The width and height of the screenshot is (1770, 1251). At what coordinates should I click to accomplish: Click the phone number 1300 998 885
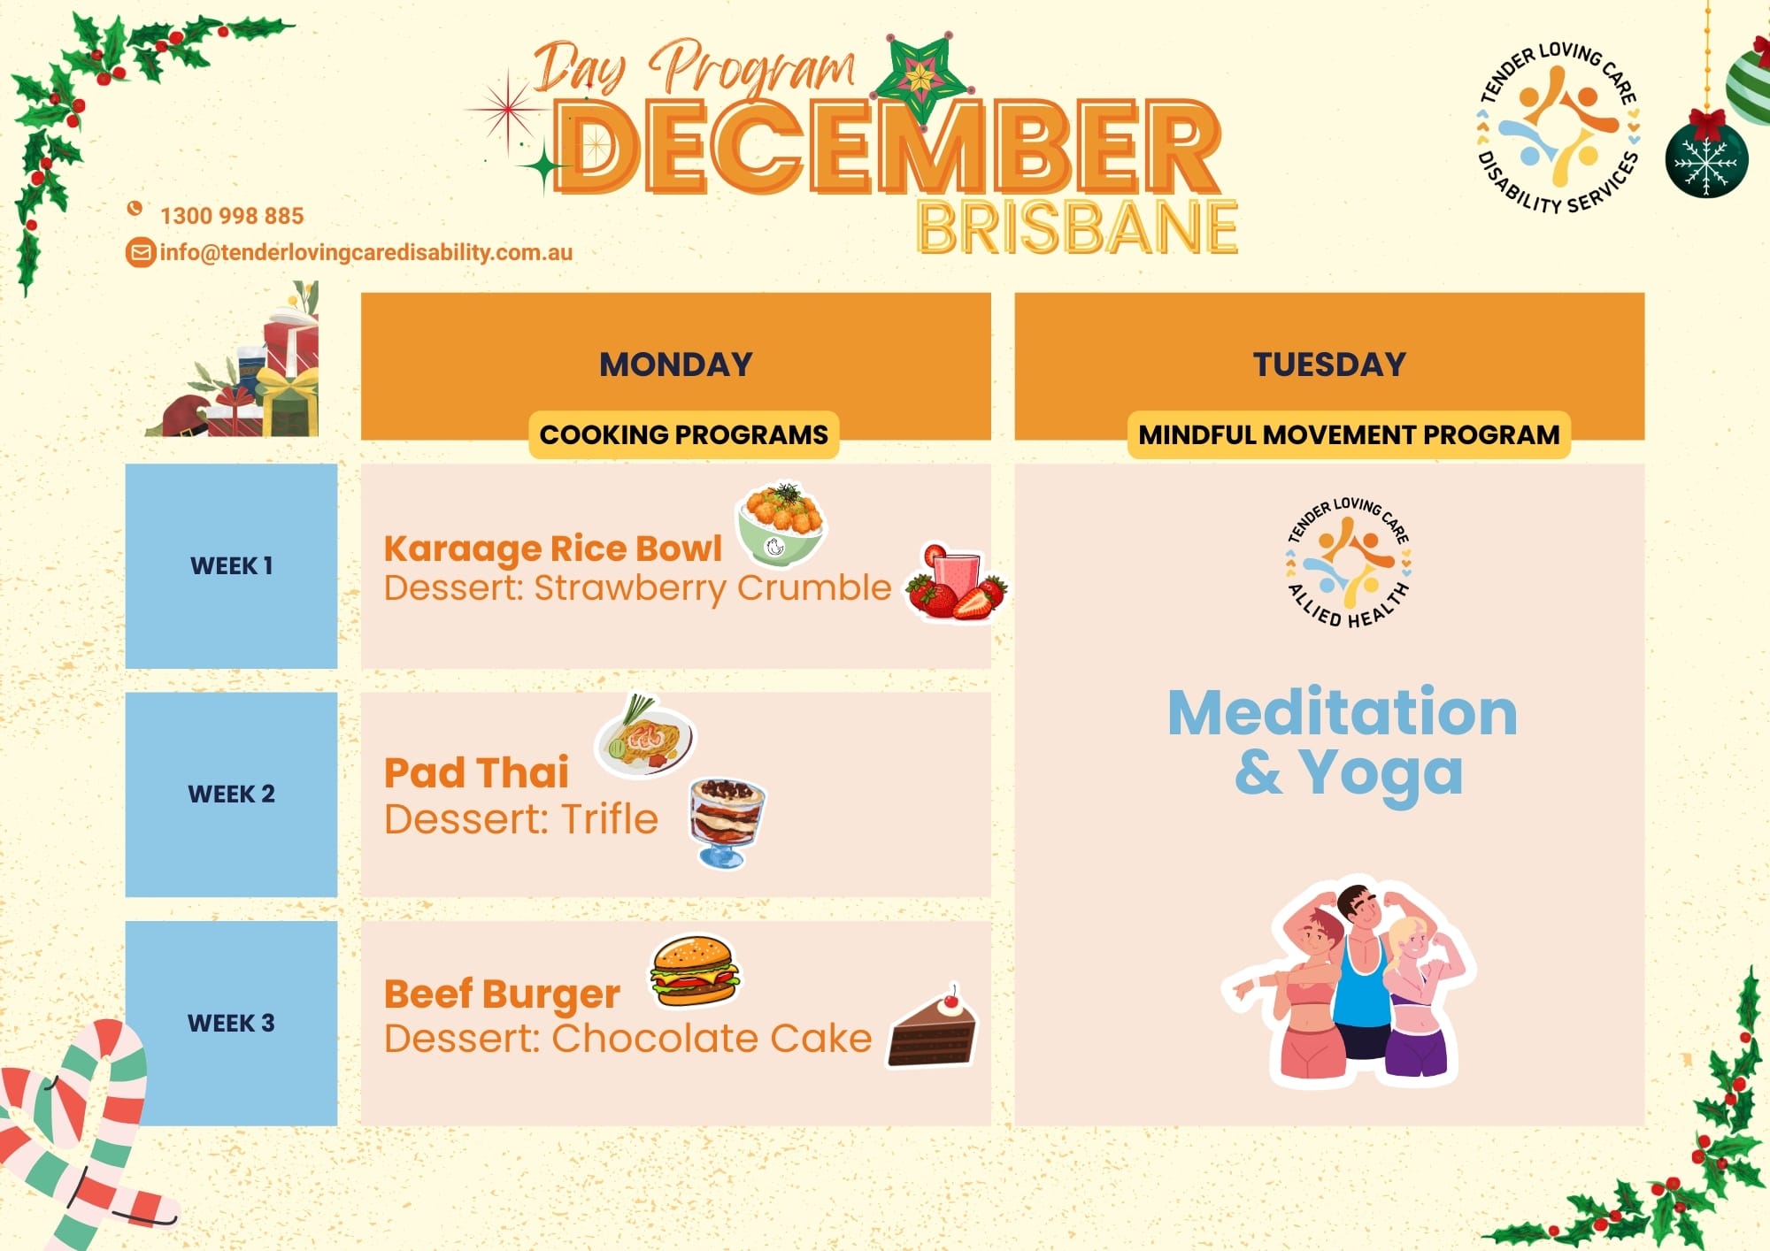pos(232,216)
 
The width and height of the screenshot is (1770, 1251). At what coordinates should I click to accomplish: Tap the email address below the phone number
pos(366,253)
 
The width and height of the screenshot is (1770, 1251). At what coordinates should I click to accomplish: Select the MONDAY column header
pos(676,365)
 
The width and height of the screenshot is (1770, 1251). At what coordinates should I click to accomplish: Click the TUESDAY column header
pos(1329,365)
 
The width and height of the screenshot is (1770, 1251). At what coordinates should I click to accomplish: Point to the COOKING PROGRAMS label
pos(684,434)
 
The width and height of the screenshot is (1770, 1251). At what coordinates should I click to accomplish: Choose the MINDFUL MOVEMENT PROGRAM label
pos(1349,434)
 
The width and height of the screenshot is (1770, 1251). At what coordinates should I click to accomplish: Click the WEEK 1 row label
pos(231,566)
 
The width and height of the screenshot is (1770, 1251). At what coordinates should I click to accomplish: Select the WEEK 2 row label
pos(231,794)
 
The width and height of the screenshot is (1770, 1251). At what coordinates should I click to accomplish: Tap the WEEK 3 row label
pos(231,1023)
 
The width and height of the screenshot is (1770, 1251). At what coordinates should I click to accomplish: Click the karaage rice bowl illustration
pos(781,525)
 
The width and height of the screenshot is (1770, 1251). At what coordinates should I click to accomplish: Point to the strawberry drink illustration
pos(957,581)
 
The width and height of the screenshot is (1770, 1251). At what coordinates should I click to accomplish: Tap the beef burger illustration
pos(695,971)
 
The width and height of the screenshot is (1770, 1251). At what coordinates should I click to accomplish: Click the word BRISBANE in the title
pos(1077,227)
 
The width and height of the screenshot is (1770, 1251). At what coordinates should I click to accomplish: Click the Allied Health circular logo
pos(1348,562)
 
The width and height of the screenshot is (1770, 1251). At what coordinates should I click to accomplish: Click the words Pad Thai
pos(476,772)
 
